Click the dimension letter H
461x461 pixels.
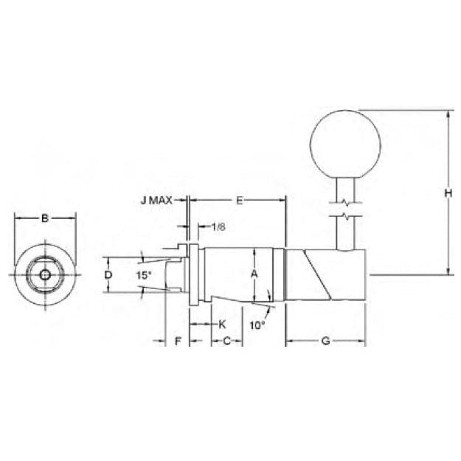click(447, 193)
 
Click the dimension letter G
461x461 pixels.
click(325, 341)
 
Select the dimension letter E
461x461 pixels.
click(238, 200)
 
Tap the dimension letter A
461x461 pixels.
click(254, 274)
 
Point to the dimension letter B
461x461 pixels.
click(45, 218)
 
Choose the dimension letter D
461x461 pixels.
click(108, 274)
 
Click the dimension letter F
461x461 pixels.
click(177, 341)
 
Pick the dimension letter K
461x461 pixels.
click(222, 324)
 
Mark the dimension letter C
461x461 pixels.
click(227, 341)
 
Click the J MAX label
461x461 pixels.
click(156, 200)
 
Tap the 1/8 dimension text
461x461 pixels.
click(219, 226)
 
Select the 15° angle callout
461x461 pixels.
click(144, 274)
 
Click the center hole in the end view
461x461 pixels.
click(45, 274)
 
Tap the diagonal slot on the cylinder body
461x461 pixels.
click(314, 274)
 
